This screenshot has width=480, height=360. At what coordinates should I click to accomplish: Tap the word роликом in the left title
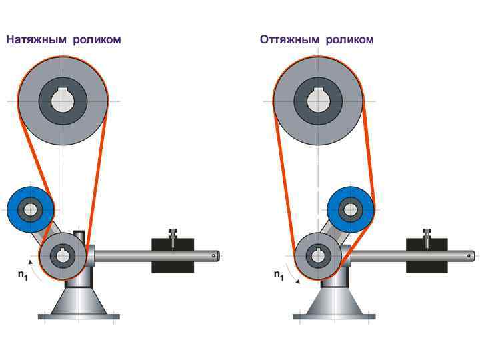coord(98,39)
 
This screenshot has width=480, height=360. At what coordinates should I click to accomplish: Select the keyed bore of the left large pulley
coord(63,101)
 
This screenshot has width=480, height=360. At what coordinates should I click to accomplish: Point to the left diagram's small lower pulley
coord(63,255)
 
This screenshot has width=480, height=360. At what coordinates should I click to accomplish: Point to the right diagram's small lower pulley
coord(318,255)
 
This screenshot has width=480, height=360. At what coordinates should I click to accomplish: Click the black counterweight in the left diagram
coord(173,255)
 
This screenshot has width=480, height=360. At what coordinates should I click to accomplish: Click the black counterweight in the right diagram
coord(427,255)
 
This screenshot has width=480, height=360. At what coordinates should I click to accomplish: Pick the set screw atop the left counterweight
coord(173,233)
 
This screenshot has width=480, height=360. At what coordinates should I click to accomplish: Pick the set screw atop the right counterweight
coord(427,233)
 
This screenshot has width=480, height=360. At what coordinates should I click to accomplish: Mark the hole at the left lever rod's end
coord(214,254)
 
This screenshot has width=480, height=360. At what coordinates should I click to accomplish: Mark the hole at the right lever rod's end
coord(469,254)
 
